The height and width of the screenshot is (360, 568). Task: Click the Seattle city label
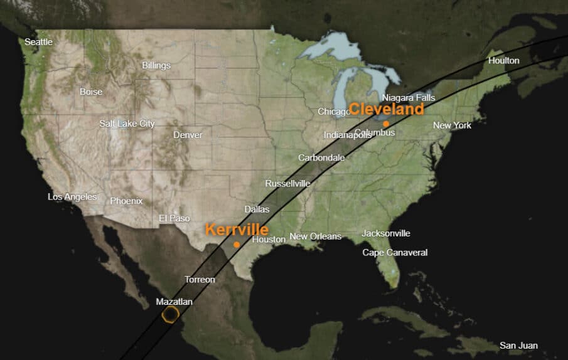pos(38,42)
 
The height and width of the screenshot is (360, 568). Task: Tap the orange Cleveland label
pos(386,109)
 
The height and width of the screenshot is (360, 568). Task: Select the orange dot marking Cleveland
pos(386,124)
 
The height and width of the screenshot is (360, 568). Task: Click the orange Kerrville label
pos(237,230)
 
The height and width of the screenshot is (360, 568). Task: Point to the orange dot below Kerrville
pos(237,245)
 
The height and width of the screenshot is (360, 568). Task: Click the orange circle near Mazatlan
pos(169,314)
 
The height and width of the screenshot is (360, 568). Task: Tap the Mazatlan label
pos(174,302)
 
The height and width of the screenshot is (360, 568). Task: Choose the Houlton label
pos(504,60)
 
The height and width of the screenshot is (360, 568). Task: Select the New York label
pos(452,125)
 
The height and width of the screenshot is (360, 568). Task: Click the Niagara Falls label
pos(408,98)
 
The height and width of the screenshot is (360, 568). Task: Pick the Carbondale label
pos(321,157)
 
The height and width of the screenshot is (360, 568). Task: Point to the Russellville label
pos(287,184)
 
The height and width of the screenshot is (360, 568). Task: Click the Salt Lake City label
pos(127,124)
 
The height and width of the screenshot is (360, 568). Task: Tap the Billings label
pos(156,65)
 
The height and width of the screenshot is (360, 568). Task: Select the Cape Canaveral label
pos(395,253)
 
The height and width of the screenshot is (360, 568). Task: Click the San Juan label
pos(518,346)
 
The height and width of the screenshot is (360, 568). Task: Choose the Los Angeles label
pos(72,197)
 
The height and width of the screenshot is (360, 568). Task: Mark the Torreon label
pos(200,280)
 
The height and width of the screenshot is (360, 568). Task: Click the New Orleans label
pos(315,236)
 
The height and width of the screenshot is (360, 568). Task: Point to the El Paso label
pos(174,218)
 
